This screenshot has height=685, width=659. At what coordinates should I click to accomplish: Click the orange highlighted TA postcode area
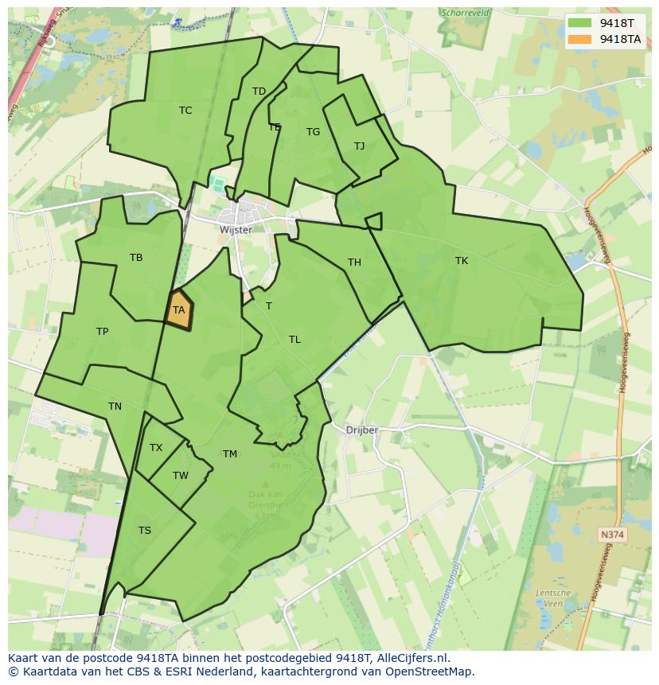pyautogui.click(x=179, y=311)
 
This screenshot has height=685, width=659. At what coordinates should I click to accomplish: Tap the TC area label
pyautogui.click(x=185, y=111)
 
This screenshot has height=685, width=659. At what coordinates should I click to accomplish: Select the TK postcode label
pyautogui.click(x=462, y=261)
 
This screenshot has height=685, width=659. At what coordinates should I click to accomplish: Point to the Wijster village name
pyautogui.click(x=236, y=230)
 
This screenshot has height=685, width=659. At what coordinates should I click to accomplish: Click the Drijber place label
pyautogui.click(x=362, y=430)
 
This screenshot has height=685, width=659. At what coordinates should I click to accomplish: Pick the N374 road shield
pyautogui.click(x=612, y=535)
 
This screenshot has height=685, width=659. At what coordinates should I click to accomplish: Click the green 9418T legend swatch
pyautogui.click(x=580, y=22)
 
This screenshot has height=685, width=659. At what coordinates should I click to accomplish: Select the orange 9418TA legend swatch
pyautogui.click(x=580, y=38)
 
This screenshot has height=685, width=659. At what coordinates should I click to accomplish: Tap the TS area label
pyautogui.click(x=145, y=531)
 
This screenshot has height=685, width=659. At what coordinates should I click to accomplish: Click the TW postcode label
pyautogui.click(x=181, y=476)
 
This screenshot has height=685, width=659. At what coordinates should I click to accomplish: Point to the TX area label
pyautogui.click(x=156, y=448)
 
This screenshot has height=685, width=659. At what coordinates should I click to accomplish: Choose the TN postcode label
pyautogui.click(x=115, y=407)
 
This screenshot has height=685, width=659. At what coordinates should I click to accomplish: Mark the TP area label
pyautogui.click(x=102, y=332)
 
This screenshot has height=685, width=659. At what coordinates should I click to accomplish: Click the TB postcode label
pyautogui.click(x=136, y=258)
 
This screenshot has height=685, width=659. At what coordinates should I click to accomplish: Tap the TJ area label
pyautogui.click(x=359, y=146)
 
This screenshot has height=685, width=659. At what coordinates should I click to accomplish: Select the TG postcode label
pyautogui.click(x=313, y=132)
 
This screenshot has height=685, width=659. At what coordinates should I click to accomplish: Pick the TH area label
pyautogui.click(x=354, y=263)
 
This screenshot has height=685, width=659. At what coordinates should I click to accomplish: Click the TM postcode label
pyautogui.click(x=230, y=454)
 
